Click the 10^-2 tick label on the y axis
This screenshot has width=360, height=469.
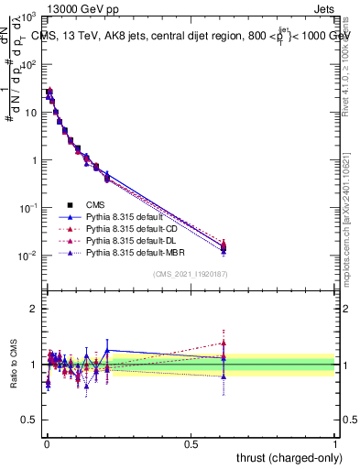coord(27,256)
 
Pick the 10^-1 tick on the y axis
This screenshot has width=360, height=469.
coord(27,208)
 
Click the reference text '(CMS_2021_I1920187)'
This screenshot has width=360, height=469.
coord(191,274)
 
